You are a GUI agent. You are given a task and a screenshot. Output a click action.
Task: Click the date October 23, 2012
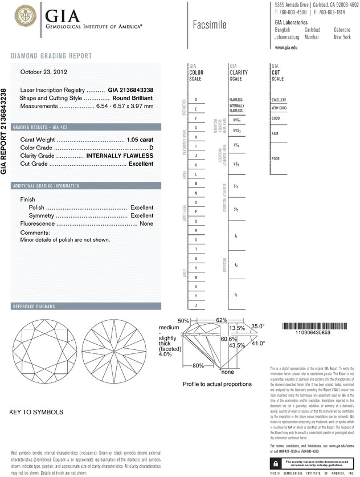pos(44,72)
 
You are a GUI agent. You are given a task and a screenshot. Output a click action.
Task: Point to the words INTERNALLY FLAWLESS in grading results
pos(120,156)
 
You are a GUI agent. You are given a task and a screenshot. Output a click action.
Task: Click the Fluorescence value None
pos(146,224)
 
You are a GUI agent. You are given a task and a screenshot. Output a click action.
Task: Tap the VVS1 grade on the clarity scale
pos(236,120)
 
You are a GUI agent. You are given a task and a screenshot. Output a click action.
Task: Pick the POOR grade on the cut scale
pos(276,158)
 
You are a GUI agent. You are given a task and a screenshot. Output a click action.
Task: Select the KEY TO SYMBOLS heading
pos(36,411)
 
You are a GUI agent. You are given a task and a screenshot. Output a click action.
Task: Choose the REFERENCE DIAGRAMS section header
pos(34,307)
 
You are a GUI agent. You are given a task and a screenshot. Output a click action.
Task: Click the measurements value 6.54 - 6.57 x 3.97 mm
pos(122,106)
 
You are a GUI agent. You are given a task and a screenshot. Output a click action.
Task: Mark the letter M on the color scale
pos(196,184)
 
